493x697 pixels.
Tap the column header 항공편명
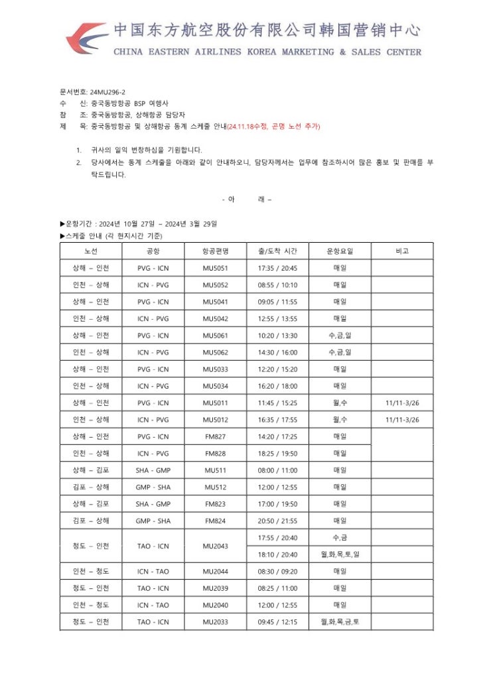[216, 251]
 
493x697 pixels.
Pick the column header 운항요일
[340, 251]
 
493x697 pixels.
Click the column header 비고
[402, 251]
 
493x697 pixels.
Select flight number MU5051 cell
[216, 269]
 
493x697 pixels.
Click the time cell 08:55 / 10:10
[277, 285]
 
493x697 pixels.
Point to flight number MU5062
[216, 352]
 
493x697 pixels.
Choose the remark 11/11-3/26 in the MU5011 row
[402, 403]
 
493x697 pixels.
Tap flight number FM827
[216, 436]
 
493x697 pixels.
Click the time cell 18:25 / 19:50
[277, 454]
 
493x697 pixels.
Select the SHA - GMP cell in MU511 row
[153, 470]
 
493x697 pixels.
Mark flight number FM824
[216, 521]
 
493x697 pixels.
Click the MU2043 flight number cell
[216, 546]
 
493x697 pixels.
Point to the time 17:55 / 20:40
[277, 538]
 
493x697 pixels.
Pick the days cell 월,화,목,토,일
[340, 554]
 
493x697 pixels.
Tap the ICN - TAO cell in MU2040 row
[153, 605]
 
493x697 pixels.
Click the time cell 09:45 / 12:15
[277, 622]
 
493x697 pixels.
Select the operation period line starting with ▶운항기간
[139, 223]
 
